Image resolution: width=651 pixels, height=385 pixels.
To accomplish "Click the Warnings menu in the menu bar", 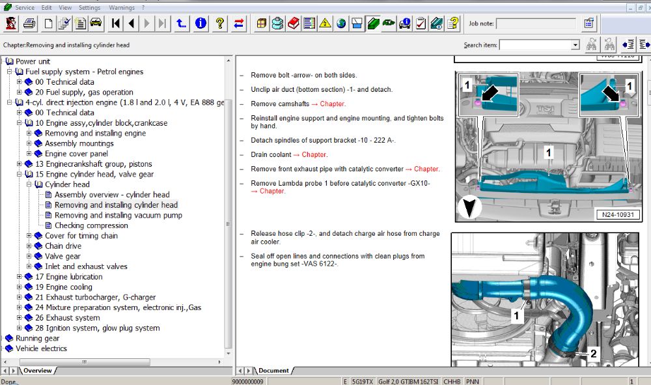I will coord(121,8).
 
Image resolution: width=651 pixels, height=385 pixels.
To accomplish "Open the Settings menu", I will coord(89,8).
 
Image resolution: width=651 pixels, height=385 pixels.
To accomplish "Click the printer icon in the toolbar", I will coord(29,24).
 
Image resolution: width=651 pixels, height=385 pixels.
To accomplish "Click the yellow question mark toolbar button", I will coord(220,24).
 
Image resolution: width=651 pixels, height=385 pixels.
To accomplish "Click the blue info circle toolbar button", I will coord(201,24).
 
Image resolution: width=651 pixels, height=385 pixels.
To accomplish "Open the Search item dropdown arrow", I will coord(575,45).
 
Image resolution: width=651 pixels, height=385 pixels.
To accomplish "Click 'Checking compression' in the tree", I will coord(91,225).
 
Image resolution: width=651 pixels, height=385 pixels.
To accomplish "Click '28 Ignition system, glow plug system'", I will coord(97,328).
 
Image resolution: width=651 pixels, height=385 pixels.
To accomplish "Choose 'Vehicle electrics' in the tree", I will coord(41,349).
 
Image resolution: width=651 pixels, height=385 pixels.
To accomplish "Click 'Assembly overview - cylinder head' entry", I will coord(111,194).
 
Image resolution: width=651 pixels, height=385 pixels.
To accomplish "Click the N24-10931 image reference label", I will coord(617,214).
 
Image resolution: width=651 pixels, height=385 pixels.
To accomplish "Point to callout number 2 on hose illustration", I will coord(593,354).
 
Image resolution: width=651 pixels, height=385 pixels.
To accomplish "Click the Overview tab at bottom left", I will coord(37,370).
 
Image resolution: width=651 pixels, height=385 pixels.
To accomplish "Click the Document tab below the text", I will coord(273,370).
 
